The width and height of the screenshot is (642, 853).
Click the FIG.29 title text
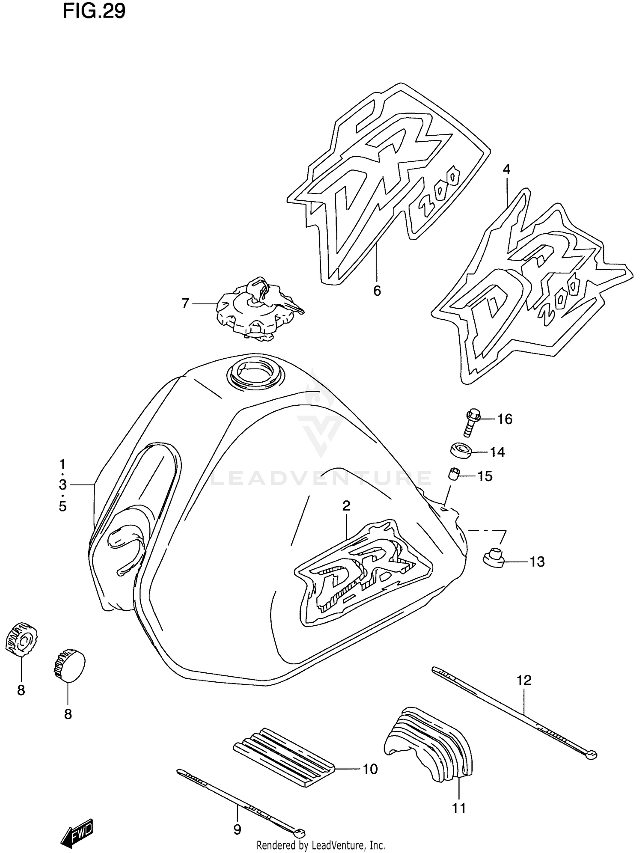94,12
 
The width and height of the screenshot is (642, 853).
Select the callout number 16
505,419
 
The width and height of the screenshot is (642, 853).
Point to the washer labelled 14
461,451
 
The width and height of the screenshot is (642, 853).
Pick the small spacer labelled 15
455,475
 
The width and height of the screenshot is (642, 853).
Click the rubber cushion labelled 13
493,558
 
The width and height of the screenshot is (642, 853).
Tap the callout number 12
524,680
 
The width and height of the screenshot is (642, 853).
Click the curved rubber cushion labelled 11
428,744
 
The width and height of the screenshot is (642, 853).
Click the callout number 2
346,506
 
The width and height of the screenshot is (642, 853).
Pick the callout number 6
377,291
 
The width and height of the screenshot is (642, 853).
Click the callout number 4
506,169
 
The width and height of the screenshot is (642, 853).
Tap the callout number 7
185,303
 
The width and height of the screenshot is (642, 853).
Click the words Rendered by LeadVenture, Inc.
321,845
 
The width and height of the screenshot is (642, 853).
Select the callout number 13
537,562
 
